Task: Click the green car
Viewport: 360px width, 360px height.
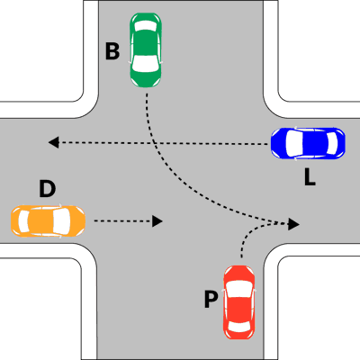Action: pos(146,50)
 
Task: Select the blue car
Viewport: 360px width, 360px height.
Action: pos(308,143)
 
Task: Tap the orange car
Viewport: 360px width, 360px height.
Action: pos(48,221)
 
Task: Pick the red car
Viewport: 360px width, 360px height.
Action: pos(239,302)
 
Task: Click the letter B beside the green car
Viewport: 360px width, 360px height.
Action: pos(112,51)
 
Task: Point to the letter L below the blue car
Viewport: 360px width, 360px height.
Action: pos(310,177)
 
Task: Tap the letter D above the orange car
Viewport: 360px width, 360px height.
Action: pos(48,189)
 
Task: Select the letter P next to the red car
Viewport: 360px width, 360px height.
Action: pos(211,300)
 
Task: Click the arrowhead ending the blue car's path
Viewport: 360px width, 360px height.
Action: pos(53,142)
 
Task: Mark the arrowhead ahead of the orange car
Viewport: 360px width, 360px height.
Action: pos(157,221)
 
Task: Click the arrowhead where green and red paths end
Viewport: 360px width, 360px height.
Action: pos(293,224)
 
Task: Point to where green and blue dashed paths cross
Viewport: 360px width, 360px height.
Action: pos(154,143)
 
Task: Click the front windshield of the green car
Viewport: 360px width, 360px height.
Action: pos(146,64)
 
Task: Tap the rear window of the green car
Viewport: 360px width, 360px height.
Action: pos(146,26)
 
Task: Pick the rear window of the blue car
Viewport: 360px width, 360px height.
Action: pos(332,143)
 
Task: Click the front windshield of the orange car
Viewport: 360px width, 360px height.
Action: pos(61,221)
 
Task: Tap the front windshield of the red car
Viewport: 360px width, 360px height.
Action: pos(239,289)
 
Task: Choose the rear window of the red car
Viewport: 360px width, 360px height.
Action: pos(239,327)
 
